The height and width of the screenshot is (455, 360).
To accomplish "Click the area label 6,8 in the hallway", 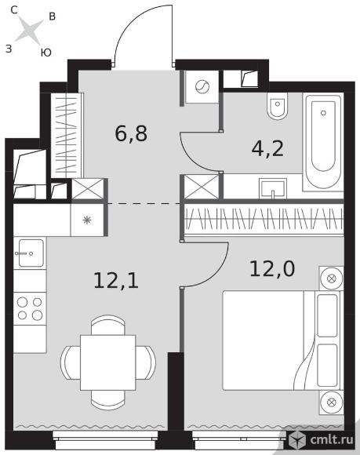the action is click(131, 133).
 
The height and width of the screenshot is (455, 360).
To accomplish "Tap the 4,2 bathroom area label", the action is click(267, 149).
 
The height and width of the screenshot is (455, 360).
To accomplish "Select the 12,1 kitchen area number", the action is click(116, 281).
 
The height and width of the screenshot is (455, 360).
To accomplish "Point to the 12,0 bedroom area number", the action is click(272, 268).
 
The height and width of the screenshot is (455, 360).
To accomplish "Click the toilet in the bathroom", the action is click(278, 106).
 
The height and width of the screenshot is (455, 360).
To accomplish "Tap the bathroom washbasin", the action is click(273, 188).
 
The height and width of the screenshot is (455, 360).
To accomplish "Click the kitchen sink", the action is click(30, 253).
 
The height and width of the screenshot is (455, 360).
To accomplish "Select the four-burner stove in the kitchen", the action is click(30, 308).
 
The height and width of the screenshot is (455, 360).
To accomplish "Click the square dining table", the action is click(108, 362).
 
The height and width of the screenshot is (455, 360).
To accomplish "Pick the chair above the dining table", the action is click(108, 325).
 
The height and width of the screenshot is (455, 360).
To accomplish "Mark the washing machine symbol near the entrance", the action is click(202, 86).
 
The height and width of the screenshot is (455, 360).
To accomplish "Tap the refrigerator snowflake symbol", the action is click(87, 220).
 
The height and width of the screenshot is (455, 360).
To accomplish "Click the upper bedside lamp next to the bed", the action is click(331, 278).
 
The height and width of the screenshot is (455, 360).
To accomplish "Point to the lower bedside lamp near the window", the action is click(331, 402).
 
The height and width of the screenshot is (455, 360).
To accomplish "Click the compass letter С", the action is click(14, 10).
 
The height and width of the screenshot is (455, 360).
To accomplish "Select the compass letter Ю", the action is click(45, 53).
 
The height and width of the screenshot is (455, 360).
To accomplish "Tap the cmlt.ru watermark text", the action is click(332, 439).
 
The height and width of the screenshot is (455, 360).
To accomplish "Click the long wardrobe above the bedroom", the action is click(264, 219).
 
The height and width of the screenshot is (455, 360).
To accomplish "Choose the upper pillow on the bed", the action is click(328, 315).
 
